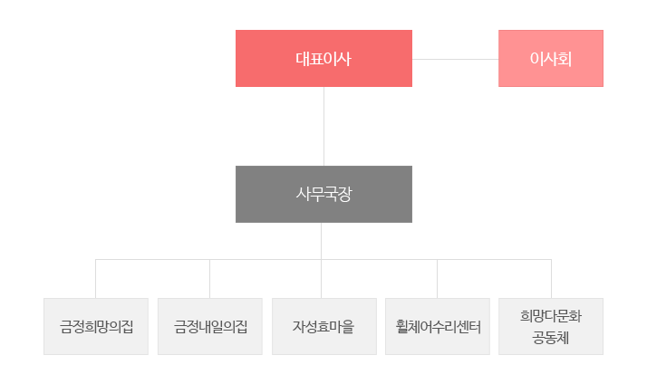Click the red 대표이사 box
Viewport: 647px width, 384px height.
[323, 58]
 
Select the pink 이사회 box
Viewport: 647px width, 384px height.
[551, 58]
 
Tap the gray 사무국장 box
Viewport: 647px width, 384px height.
[323, 195]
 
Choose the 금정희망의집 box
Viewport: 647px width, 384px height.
[96, 326]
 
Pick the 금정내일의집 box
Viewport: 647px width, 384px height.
[210, 326]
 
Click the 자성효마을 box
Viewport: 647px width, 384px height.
[324, 326]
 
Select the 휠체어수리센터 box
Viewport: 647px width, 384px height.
[438, 326]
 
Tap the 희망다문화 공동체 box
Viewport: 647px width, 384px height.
[551, 326]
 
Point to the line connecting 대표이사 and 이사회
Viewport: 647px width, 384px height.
[456, 59]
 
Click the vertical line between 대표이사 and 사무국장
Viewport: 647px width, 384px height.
[323, 126]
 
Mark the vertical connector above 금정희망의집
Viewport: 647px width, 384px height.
[96, 279]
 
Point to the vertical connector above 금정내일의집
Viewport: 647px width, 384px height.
[209, 279]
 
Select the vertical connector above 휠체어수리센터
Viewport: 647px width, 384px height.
[438, 279]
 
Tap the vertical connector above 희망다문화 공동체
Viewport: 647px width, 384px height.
[551, 279]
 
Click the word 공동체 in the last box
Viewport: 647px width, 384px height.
[551, 338]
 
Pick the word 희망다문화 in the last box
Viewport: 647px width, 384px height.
[551, 316]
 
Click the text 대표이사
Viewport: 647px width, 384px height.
[323, 59]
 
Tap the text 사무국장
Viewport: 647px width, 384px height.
[323, 195]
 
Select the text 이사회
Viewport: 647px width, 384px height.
[551, 59]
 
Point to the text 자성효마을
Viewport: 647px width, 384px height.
[323, 327]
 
